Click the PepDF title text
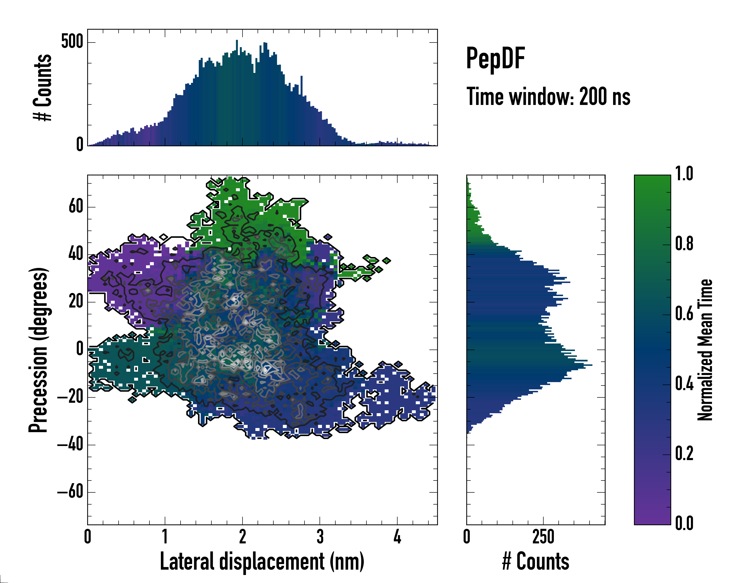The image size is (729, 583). coord(495,59)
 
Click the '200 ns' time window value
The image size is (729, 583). coord(605,97)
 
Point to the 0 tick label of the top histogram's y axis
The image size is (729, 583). coord(80,145)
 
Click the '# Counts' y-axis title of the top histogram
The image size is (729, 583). coord(43,87)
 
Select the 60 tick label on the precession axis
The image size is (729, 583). coord(76,206)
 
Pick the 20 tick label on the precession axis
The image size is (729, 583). coord(76,301)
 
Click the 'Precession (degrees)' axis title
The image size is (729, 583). coord(38,350)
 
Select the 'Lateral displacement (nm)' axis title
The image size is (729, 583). coord(262,561)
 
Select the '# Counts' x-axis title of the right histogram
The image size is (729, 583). coord(536,561)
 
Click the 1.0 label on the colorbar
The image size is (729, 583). coord(684,174)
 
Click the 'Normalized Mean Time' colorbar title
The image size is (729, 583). coord(705,350)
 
